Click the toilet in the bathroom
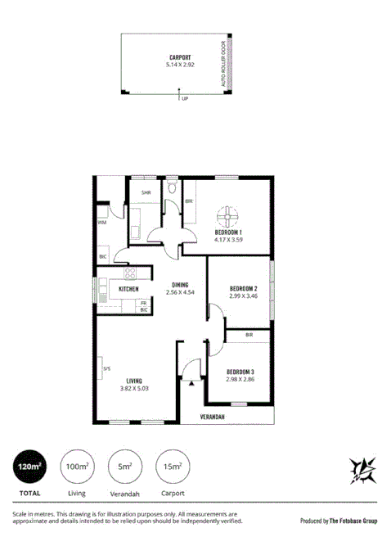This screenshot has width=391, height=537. (x=170, y=189)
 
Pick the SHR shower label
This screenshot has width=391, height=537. (x=146, y=193)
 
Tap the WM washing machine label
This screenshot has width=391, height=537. (x=102, y=221)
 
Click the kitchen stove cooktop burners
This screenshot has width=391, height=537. (x=129, y=273)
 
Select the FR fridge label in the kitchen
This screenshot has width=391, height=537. (x=144, y=304)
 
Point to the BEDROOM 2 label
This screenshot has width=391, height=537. (x=243, y=290)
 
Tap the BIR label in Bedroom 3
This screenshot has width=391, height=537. (x=248, y=335)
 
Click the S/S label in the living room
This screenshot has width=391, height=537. (x=106, y=368)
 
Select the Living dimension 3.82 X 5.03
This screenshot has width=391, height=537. (x=135, y=389)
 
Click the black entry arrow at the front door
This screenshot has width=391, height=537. (x=191, y=381)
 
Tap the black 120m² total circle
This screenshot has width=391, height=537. (x=29, y=467)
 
